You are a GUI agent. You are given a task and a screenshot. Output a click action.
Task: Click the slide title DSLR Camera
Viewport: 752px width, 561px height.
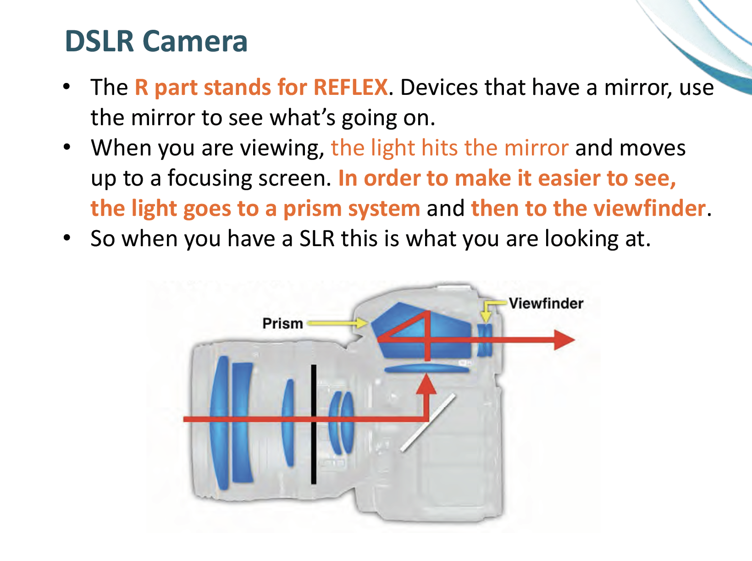click(x=156, y=41)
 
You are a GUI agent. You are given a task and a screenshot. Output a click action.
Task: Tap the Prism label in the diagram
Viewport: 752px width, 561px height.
click(x=282, y=324)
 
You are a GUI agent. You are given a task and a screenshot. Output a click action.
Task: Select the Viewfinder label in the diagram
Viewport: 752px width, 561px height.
click(x=546, y=303)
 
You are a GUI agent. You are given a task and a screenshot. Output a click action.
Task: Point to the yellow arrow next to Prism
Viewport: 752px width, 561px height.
click(x=337, y=324)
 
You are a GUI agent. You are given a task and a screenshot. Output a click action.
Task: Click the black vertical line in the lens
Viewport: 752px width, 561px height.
click(x=314, y=424)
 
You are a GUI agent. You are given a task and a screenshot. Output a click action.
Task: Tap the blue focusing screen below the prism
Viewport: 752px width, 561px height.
click(x=426, y=368)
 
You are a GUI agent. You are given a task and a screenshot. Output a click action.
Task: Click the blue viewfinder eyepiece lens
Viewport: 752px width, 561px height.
click(x=484, y=340)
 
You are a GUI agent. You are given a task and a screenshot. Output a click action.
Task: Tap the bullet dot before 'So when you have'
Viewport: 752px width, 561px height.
click(x=67, y=237)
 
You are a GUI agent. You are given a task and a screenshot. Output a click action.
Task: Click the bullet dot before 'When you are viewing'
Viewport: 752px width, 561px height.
click(x=67, y=147)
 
